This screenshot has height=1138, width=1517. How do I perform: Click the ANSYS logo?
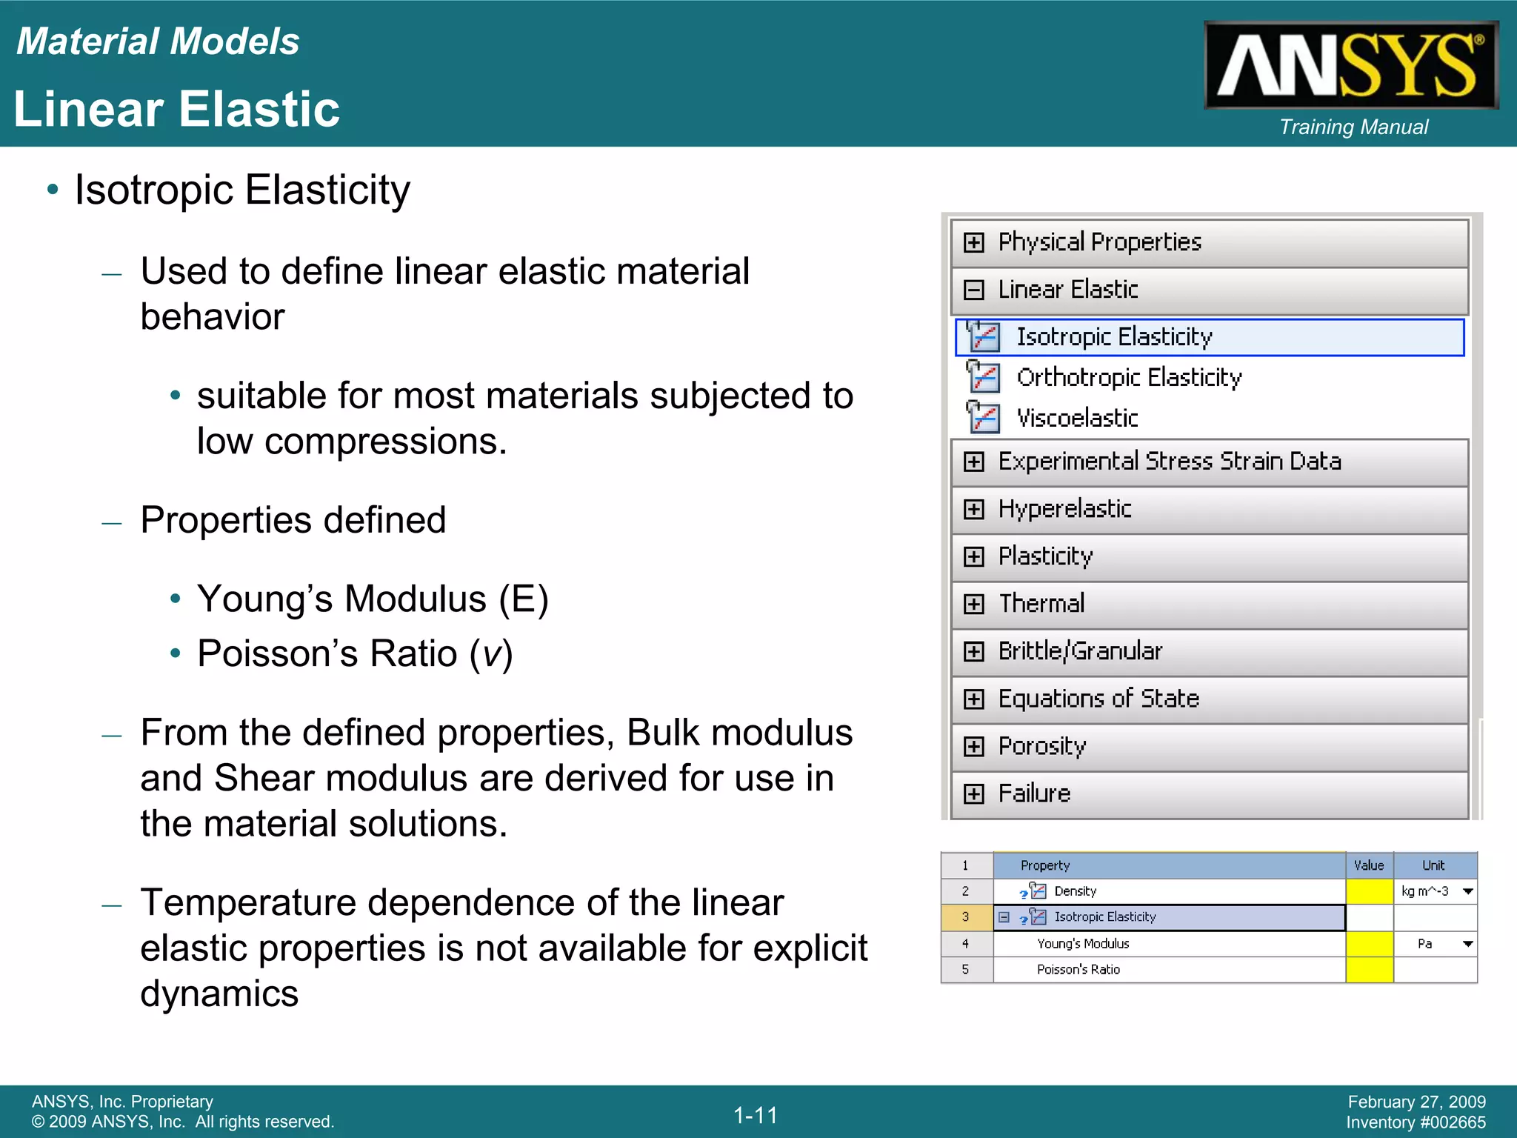pos(1350,65)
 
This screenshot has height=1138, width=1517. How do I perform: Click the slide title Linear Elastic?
pos(176,110)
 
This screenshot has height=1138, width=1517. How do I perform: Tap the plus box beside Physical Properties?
pos(973,242)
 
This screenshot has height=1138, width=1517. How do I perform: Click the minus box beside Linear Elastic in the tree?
pos(973,290)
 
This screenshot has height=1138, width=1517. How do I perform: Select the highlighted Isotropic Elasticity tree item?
pos(1113,337)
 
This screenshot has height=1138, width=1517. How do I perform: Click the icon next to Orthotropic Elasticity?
pos(984,377)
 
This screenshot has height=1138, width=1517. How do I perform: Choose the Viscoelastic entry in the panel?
pos(1076,419)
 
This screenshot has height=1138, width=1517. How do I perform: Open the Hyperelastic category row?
pos(1064,509)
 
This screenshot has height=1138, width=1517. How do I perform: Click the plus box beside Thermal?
pos(973,604)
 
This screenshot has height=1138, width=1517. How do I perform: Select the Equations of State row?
pos(1098,699)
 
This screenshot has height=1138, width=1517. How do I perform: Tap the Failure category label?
pos(1034,793)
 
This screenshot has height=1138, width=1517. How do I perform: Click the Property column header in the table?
pos(1044,865)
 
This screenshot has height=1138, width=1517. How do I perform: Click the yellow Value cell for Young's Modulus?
pos(1369,944)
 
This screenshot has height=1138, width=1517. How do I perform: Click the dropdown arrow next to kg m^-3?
pos(1467,891)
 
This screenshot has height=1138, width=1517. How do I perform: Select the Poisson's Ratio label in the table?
pos(1078,970)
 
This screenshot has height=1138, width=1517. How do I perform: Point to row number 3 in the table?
pos(965,917)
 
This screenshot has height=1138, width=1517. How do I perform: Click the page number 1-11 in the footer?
pos(756,1115)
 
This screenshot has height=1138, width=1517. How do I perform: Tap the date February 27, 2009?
pos(1416,1102)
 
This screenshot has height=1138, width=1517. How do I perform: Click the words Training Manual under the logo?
pos(1353,127)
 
